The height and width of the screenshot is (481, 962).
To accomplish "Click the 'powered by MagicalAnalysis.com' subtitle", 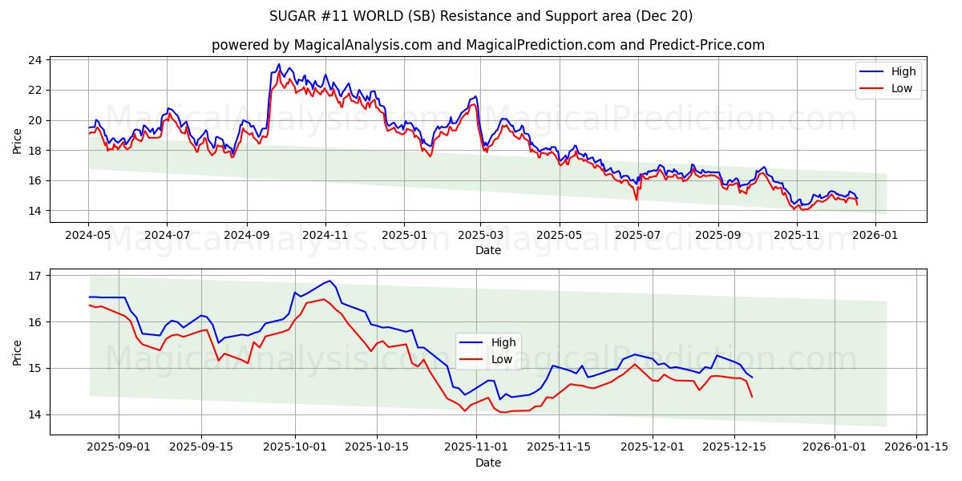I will (x=487, y=45).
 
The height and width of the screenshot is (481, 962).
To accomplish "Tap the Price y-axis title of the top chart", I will (x=18, y=139).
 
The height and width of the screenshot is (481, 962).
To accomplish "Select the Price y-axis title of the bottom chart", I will (x=18, y=351).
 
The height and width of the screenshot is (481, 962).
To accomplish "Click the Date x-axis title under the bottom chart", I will (x=487, y=463).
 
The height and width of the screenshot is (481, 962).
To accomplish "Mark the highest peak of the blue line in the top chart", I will (x=279, y=64).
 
